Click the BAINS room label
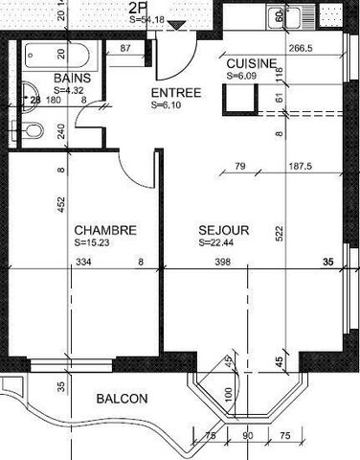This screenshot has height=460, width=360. (72, 78)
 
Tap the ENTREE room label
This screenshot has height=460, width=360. (175, 93)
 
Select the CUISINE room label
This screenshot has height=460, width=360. (252, 63)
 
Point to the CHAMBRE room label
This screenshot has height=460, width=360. (105, 230)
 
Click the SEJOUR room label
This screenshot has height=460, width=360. (224, 230)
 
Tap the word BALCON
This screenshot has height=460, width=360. (122, 399)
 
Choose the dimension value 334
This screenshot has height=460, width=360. (84, 261)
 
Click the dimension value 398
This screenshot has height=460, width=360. (223, 261)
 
